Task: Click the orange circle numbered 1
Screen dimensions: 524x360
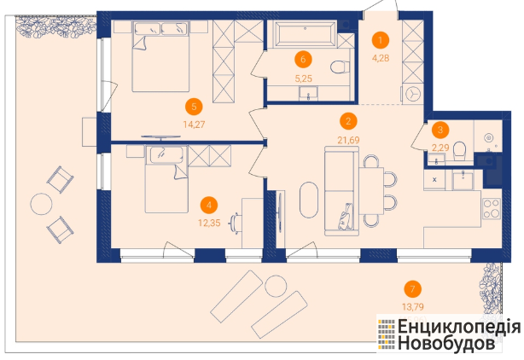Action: [x=381, y=40]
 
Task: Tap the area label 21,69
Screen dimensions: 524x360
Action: [x=348, y=140]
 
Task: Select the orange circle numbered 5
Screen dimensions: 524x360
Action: [x=195, y=107]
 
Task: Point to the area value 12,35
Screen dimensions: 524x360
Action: [x=209, y=223]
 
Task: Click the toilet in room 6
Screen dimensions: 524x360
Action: [x=340, y=67]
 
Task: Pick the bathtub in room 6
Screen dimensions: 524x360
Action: [x=305, y=33]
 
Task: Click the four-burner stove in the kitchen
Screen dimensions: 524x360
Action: [x=492, y=209]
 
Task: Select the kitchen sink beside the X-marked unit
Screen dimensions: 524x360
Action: [x=463, y=179]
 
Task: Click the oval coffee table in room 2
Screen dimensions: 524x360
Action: [x=310, y=200]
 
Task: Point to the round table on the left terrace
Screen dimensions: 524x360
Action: [x=41, y=204]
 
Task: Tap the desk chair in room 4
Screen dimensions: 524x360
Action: [x=236, y=223]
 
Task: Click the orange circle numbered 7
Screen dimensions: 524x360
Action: [x=413, y=289]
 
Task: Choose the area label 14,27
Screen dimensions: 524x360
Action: [x=195, y=125]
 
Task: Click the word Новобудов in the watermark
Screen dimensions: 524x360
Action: [x=446, y=343]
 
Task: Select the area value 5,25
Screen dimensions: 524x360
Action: [x=304, y=78]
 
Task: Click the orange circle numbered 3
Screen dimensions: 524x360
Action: [x=440, y=130]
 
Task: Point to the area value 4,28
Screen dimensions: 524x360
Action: [x=381, y=58]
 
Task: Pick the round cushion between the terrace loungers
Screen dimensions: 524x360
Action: [x=276, y=286]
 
